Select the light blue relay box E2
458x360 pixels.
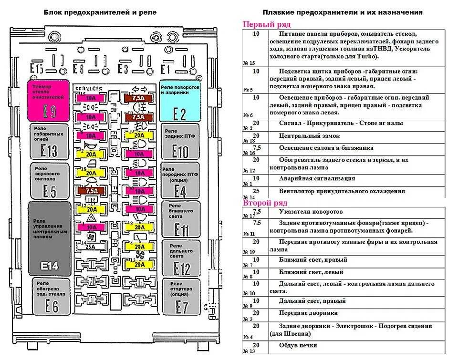click(x=179, y=101)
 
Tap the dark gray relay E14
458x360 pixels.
click(x=50, y=238)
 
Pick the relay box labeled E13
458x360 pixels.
click(x=50, y=141)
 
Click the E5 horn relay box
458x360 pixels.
click(x=50, y=181)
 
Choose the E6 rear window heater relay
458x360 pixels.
click(x=50, y=297)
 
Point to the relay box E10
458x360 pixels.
click(x=180, y=141)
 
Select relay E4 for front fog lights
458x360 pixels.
click(x=180, y=181)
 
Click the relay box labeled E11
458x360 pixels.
click(x=180, y=219)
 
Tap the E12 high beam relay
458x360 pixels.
click(x=180, y=258)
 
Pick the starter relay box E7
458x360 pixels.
click(x=180, y=297)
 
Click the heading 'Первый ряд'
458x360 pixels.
click(x=267, y=24)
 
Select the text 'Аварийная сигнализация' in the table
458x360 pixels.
click(x=317, y=178)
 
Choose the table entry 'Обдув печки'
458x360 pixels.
click(x=298, y=345)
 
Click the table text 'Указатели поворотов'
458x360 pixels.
click(x=311, y=211)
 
